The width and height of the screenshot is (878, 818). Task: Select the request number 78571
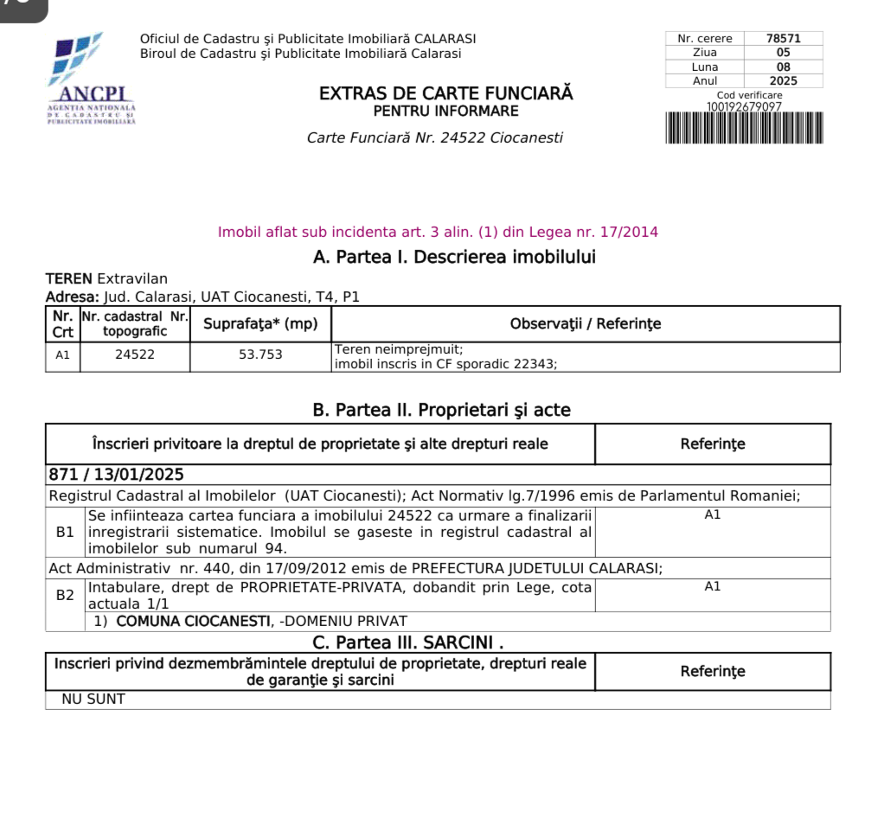point(782,38)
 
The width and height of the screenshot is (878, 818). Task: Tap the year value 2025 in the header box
point(782,80)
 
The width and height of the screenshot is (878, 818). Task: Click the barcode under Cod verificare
point(744,128)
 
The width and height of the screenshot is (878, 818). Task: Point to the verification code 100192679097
point(744,107)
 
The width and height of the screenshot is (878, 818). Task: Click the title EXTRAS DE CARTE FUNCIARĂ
point(445,93)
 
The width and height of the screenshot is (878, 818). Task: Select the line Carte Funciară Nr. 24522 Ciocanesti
point(434,138)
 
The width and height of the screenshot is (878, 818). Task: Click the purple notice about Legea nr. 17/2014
point(438,232)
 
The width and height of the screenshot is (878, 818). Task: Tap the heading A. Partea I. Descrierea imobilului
point(454,257)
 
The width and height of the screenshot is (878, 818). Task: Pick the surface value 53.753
point(260,355)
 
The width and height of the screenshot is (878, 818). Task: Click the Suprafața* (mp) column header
point(260,324)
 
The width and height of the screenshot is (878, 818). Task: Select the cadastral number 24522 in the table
point(135,355)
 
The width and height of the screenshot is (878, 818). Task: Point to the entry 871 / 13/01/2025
point(116,475)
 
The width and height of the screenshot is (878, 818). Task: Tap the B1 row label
point(65,532)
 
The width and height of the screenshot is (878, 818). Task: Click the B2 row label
point(65,595)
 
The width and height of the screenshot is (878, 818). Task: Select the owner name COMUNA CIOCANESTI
point(188,621)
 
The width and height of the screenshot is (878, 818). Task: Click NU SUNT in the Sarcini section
point(93,699)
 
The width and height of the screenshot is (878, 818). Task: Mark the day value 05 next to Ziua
point(782,52)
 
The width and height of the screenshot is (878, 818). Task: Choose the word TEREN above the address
point(68,278)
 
